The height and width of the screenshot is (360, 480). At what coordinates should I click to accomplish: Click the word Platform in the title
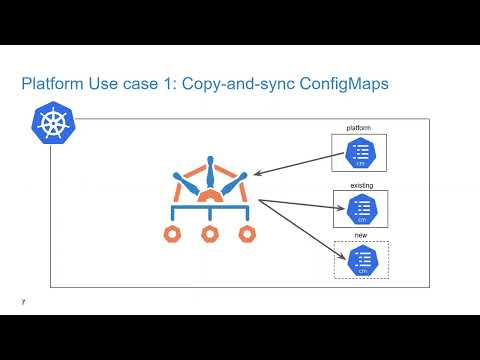coord(52,85)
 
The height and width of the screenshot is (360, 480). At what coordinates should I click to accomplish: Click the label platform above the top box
coord(359,128)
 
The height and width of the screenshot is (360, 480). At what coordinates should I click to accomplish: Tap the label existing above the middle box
coord(360,185)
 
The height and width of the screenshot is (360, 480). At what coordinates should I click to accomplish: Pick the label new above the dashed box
coord(360,235)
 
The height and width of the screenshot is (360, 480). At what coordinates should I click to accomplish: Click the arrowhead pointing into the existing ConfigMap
coord(339,209)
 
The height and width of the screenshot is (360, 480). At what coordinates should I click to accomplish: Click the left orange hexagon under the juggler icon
coord(174,234)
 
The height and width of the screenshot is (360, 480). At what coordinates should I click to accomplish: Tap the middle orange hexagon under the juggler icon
coord(210,234)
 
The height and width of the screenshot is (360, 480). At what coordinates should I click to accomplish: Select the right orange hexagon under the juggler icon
coord(246,234)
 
